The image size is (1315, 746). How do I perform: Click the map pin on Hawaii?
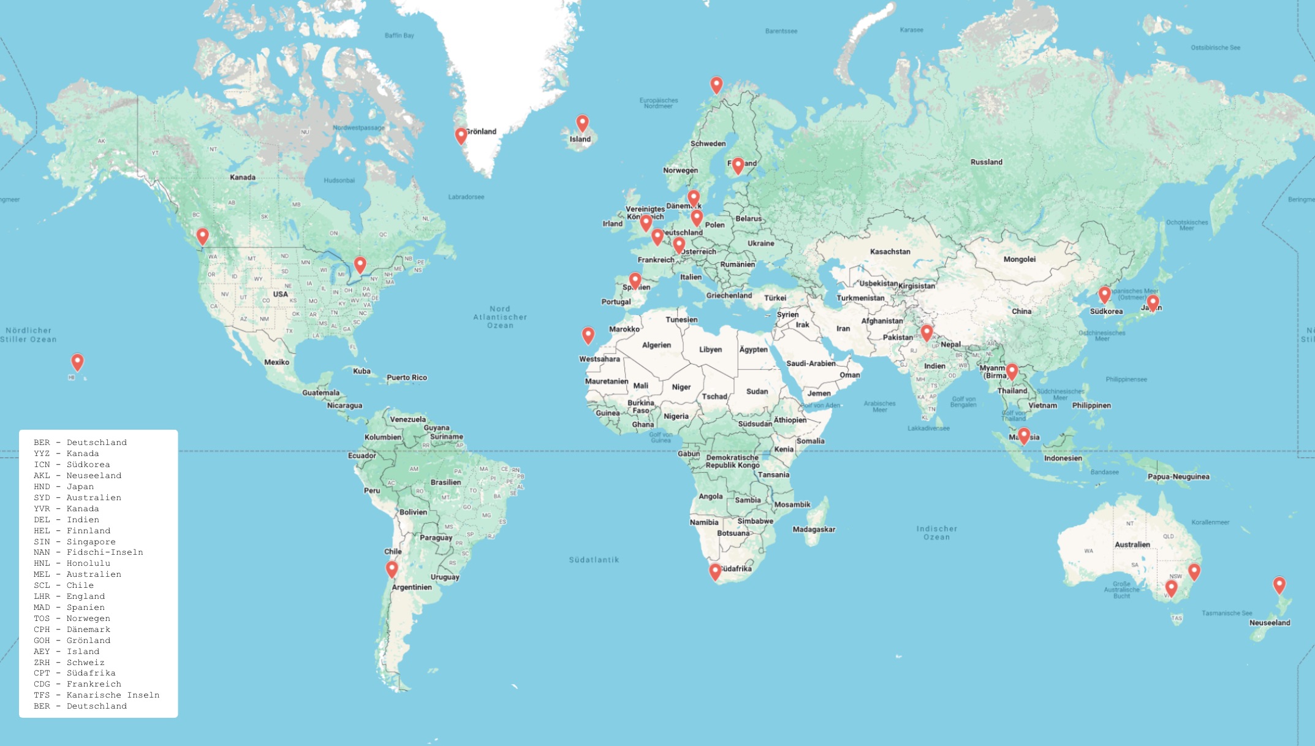[x=77, y=362]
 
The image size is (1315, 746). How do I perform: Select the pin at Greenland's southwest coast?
[x=461, y=135]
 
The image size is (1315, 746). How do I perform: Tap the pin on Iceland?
[x=582, y=123]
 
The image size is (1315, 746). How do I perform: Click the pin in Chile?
[x=392, y=569]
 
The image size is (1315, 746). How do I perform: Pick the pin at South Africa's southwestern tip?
[x=715, y=571]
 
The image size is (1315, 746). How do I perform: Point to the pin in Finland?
[x=738, y=165]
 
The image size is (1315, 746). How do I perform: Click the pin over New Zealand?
[x=1279, y=585]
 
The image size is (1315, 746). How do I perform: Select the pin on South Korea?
[x=1104, y=295]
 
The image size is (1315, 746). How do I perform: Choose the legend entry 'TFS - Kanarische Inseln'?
[x=96, y=695]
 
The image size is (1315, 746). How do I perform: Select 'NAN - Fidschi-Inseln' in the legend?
[x=88, y=552]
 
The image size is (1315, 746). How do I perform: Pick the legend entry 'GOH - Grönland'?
[x=72, y=641]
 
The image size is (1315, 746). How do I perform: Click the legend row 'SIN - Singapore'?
[x=74, y=542]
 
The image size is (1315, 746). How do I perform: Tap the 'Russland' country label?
[x=986, y=162]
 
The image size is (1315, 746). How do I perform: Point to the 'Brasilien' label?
[x=445, y=482]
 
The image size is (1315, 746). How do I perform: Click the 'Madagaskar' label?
[x=813, y=530]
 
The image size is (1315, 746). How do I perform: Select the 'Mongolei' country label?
[x=1019, y=259]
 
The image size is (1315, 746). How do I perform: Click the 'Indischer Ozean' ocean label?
[x=936, y=533]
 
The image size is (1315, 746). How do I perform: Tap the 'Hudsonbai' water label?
[x=339, y=181]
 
